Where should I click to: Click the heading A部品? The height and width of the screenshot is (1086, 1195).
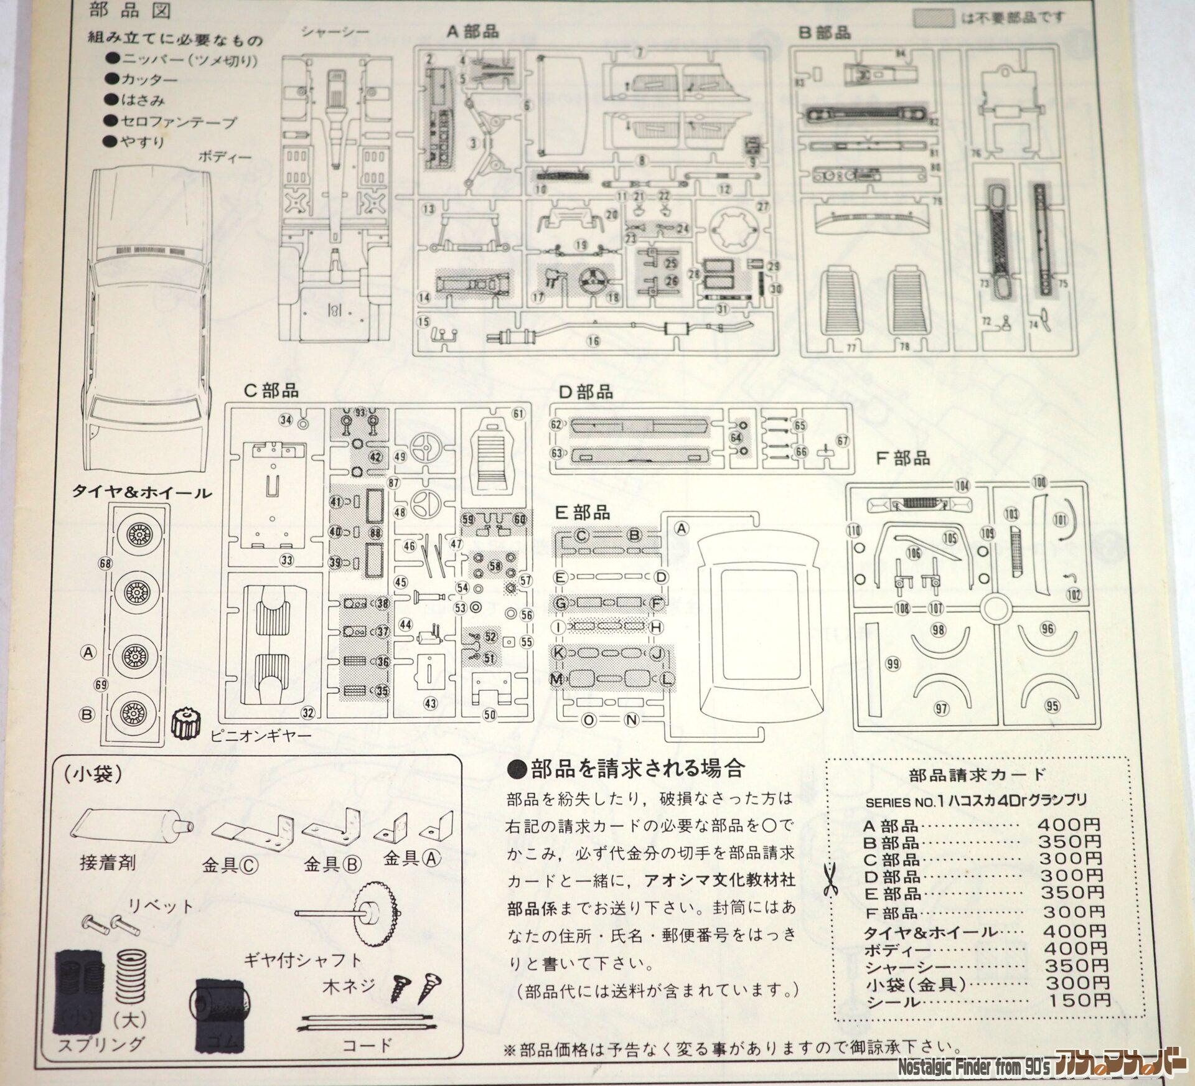click(472, 32)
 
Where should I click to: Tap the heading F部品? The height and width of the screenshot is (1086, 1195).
click(902, 459)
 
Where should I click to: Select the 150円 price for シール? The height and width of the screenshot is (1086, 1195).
click(1086, 1001)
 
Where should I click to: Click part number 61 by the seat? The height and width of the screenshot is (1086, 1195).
click(518, 414)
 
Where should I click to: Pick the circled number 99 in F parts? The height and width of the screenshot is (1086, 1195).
click(893, 665)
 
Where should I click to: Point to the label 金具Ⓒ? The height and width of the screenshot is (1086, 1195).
click(221, 866)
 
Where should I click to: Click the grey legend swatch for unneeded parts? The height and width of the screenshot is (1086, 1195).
click(933, 18)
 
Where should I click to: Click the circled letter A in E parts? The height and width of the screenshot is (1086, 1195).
click(682, 528)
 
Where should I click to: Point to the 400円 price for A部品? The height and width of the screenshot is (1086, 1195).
click(1069, 826)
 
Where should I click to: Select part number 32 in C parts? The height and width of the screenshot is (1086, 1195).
click(307, 712)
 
